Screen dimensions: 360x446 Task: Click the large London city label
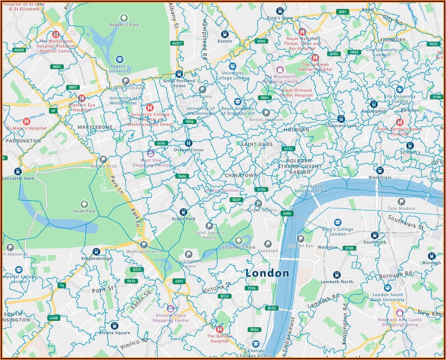267,273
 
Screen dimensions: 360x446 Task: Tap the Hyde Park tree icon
84,204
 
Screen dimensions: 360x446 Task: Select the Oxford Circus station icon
188,143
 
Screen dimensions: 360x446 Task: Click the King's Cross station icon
280,11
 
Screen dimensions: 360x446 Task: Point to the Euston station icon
225,34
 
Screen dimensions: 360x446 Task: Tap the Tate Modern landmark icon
401,201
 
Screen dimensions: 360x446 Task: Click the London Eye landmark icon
301,238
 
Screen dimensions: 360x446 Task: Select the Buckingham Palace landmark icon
188,254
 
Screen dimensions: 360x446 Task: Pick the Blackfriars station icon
379,170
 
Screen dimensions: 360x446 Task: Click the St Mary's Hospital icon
26,121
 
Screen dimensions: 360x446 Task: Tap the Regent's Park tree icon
124,18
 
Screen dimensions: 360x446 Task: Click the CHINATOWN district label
241,176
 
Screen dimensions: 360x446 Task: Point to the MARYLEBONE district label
94,127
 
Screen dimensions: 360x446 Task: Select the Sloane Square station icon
114,326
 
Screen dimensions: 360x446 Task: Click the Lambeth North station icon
337,275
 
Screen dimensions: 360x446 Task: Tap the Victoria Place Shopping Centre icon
170,308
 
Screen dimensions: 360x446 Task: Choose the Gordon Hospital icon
219,329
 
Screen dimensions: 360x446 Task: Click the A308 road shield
287,213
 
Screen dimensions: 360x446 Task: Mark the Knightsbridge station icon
96,252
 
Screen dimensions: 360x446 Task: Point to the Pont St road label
103,290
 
